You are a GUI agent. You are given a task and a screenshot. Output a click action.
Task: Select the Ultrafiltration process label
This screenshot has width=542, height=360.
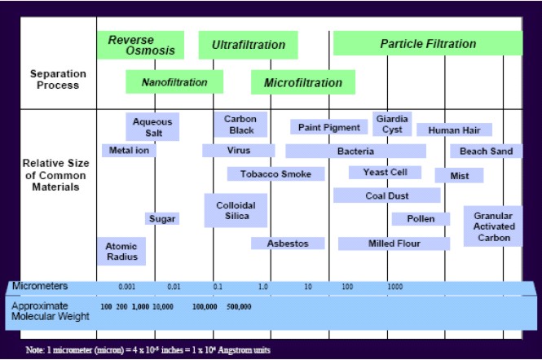(x=248, y=45)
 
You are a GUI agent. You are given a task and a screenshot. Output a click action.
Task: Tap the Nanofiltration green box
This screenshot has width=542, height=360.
(x=174, y=82)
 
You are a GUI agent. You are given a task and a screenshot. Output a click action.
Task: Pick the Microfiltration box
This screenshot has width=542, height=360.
(x=302, y=82)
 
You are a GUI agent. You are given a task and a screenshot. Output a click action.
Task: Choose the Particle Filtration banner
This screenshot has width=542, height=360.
(x=427, y=43)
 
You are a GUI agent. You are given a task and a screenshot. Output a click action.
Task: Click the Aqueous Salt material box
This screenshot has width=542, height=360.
(x=152, y=127)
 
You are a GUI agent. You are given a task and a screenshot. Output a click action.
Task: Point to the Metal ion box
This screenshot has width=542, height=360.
(x=129, y=151)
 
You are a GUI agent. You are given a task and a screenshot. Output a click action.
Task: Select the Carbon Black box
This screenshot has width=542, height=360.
(x=240, y=125)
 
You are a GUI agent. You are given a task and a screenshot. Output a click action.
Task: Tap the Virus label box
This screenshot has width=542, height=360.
(x=239, y=151)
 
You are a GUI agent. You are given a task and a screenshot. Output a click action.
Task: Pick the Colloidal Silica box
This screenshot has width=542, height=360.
(x=236, y=210)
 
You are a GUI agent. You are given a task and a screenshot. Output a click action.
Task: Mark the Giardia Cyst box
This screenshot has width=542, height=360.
(x=392, y=124)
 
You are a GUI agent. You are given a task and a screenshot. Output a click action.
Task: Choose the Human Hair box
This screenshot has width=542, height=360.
(x=454, y=130)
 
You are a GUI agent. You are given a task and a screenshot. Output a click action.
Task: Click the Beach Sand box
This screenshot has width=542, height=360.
(x=486, y=151)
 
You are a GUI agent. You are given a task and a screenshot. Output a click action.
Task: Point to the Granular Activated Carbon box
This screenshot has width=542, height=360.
(x=493, y=226)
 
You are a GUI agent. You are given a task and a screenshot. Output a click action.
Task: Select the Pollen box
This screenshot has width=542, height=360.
(x=420, y=218)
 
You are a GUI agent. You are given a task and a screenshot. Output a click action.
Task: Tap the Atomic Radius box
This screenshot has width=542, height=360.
(x=121, y=250)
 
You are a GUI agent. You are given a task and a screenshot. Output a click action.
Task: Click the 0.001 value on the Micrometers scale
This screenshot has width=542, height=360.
(x=126, y=287)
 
